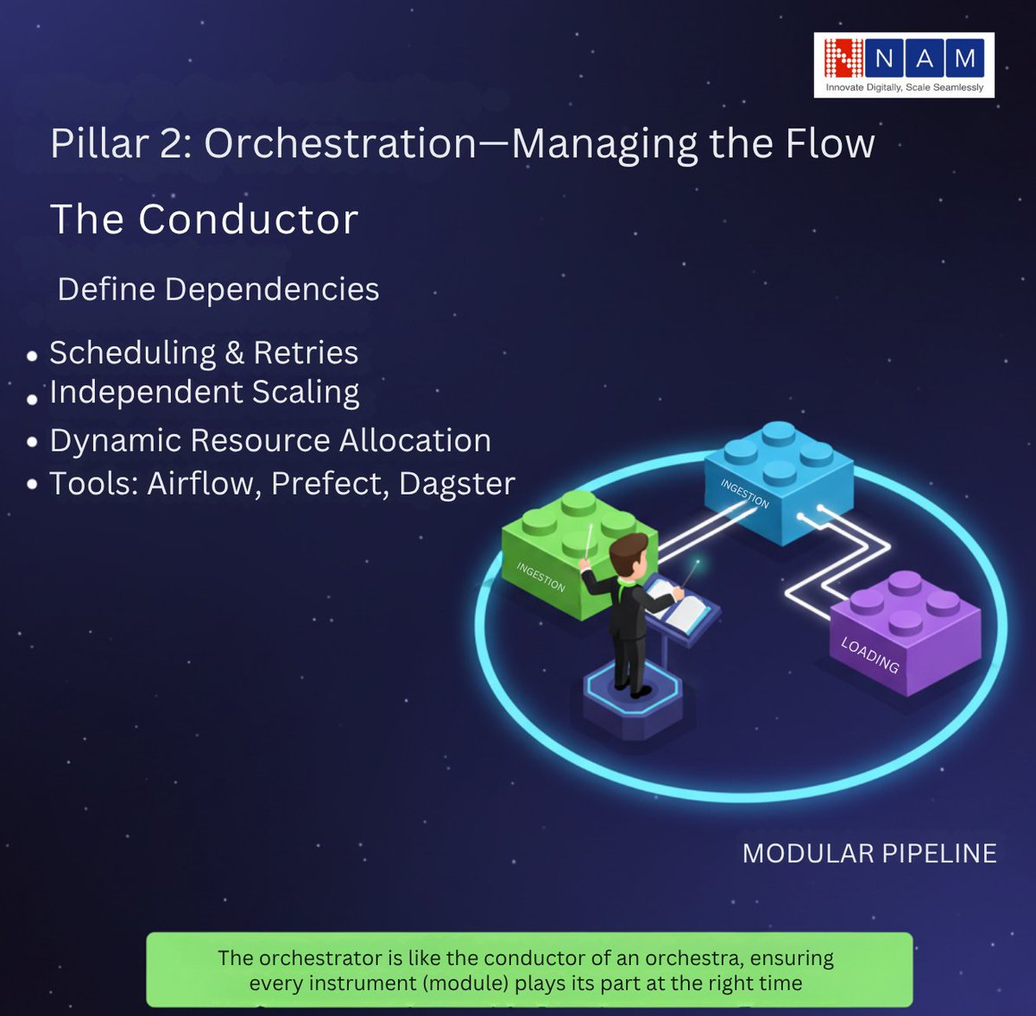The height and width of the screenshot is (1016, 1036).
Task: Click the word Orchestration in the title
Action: [340, 143]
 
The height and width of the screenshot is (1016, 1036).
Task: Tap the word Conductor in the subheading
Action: [248, 219]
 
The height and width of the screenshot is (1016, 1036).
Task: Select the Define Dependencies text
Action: [218, 289]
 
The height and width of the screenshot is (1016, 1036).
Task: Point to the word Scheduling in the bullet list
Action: [132, 353]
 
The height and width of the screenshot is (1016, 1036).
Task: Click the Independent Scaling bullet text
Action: [204, 392]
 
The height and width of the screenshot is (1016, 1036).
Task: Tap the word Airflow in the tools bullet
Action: [204, 483]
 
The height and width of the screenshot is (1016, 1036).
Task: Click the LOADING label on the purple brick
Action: [869, 655]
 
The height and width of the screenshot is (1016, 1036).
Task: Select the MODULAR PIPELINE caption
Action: [869, 854]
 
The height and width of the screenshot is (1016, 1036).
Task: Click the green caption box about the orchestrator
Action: [528, 969]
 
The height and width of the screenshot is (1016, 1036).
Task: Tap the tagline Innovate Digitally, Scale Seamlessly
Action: [904, 87]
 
